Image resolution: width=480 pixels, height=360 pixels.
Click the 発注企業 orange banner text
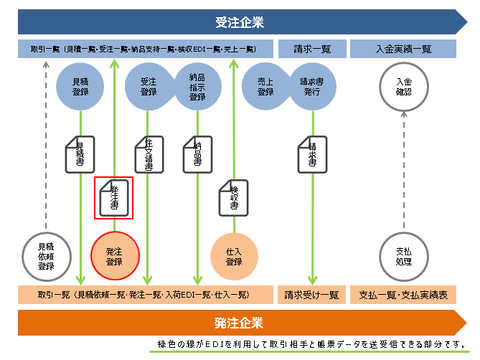[x=239, y=323]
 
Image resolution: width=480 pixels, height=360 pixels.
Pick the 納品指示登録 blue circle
[x=197, y=87]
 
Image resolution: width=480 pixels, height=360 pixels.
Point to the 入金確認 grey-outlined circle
[x=403, y=87]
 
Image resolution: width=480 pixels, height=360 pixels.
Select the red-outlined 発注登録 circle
[x=114, y=256]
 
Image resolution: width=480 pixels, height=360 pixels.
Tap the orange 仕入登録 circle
[x=234, y=256]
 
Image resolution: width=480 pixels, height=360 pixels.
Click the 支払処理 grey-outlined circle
[x=403, y=256]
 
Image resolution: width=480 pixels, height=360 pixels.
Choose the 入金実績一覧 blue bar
[x=403, y=49]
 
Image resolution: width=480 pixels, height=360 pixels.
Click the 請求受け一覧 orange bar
[x=311, y=294]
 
